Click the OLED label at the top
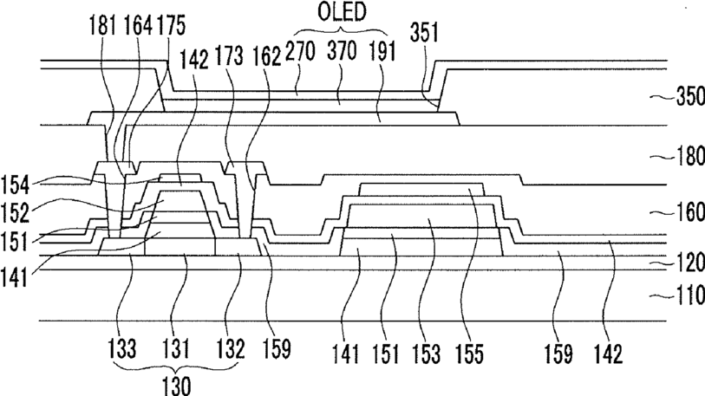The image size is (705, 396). click(342, 12)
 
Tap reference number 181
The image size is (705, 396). click(103, 25)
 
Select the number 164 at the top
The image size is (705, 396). click(138, 25)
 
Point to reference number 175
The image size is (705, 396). click(172, 25)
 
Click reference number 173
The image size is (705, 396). click(230, 55)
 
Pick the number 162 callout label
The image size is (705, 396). click(266, 56)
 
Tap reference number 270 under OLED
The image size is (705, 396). click(300, 52)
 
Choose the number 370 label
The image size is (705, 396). click(342, 51)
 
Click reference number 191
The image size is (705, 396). click(382, 52)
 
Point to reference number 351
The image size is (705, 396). click(424, 32)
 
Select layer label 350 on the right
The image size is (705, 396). click(690, 97)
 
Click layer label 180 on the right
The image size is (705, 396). click(690, 157)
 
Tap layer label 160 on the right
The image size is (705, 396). click(690, 211)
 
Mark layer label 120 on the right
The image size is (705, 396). click(690, 263)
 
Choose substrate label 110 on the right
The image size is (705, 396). click(690, 295)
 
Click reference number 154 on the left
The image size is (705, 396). click(16, 185)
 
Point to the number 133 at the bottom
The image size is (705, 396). click(122, 349)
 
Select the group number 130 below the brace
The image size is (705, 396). click(176, 386)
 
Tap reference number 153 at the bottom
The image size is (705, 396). click(427, 354)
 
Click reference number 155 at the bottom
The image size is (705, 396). click(469, 354)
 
